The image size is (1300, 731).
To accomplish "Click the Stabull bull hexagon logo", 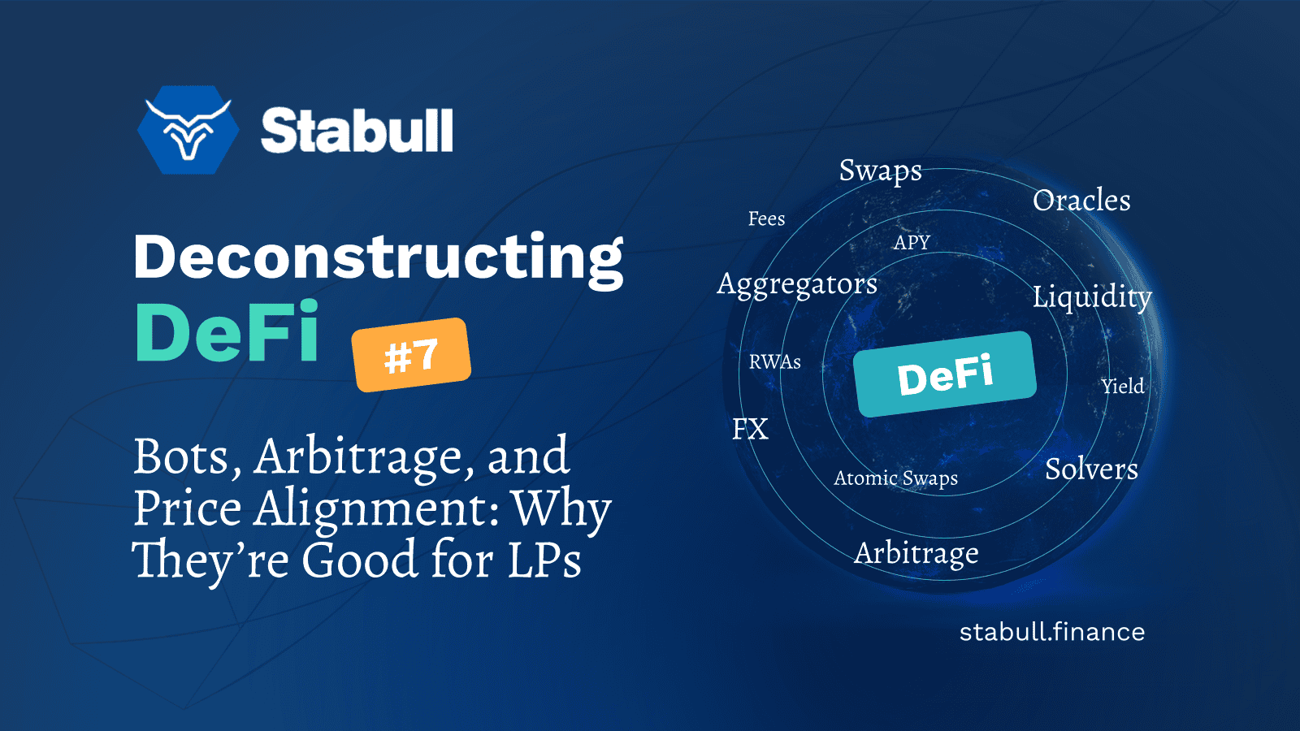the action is (x=188, y=130).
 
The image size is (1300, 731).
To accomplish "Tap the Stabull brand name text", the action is (x=357, y=131).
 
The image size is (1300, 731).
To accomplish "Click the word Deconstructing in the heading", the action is (x=379, y=259).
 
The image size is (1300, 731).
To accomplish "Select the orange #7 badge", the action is (x=411, y=354).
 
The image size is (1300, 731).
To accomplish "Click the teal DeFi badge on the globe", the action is (x=945, y=374).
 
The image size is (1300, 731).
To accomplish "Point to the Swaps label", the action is (x=881, y=171).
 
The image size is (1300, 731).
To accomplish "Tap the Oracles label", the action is (x=1081, y=200).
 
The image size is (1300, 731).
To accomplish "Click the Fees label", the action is (x=766, y=218).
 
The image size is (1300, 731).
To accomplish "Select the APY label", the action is (x=912, y=242).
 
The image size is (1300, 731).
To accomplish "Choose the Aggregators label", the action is (x=797, y=285).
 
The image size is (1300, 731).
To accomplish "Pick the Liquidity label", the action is (x=1092, y=297).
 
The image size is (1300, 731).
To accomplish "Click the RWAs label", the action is (x=775, y=362).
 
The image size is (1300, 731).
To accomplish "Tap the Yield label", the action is (x=1123, y=386).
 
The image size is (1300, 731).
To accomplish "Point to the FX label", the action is (x=750, y=430).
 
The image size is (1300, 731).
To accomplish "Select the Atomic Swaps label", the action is (x=895, y=478).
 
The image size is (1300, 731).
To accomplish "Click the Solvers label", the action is (x=1091, y=469).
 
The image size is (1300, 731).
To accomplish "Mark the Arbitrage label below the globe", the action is (x=916, y=554).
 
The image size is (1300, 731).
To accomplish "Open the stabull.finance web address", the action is (x=1051, y=632).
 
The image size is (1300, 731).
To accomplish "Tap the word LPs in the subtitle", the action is (x=544, y=560).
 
